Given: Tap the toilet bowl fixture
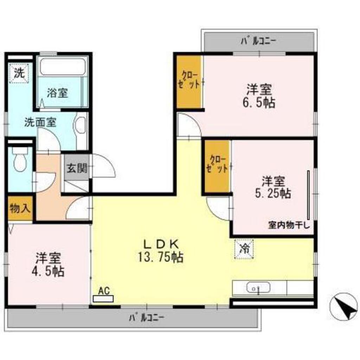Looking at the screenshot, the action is click(20, 159).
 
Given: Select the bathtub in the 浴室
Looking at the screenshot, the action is click(63, 66).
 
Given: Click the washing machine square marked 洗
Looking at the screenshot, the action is click(19, 73).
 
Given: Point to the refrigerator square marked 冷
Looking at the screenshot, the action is click(244, 249).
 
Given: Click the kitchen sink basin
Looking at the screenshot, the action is click(258, 288).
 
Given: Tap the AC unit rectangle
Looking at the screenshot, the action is click(103, 299).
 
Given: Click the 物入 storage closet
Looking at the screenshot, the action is click(20, 208).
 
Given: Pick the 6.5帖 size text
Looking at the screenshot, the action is click(259, 103).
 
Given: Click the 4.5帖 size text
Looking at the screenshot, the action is click(48, 272).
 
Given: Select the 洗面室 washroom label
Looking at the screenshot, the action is click(40, 123).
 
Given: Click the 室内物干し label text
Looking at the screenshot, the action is click(289, 225).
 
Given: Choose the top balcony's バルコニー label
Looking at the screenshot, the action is click(258, 41).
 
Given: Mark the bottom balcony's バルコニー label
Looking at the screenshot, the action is click(147, 318).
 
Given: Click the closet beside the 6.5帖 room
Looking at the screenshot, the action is click(189, 81).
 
